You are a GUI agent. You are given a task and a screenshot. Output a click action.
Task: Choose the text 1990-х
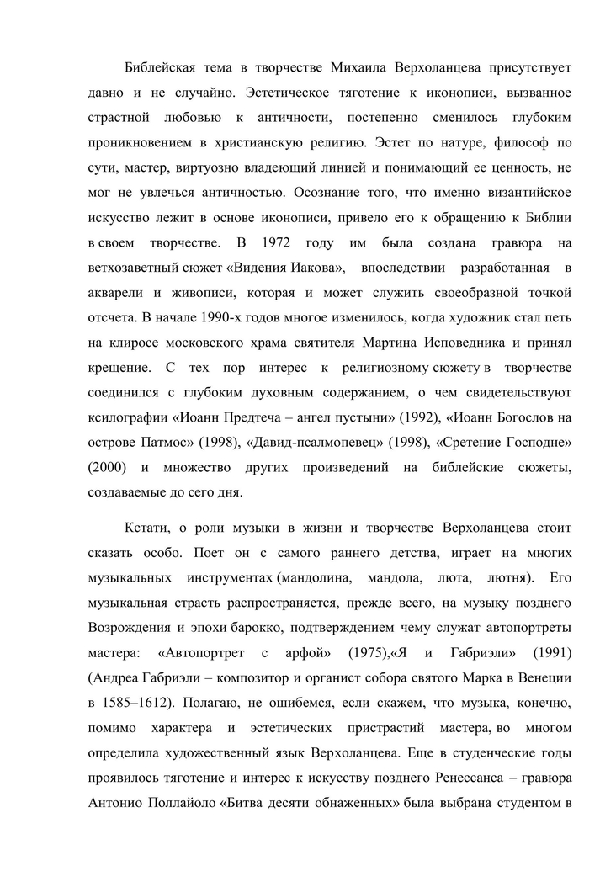pyautogui.click(x=222, y=317)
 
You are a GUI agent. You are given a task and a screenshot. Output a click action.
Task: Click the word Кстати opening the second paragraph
pyautogui.click(x=146, y=528)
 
